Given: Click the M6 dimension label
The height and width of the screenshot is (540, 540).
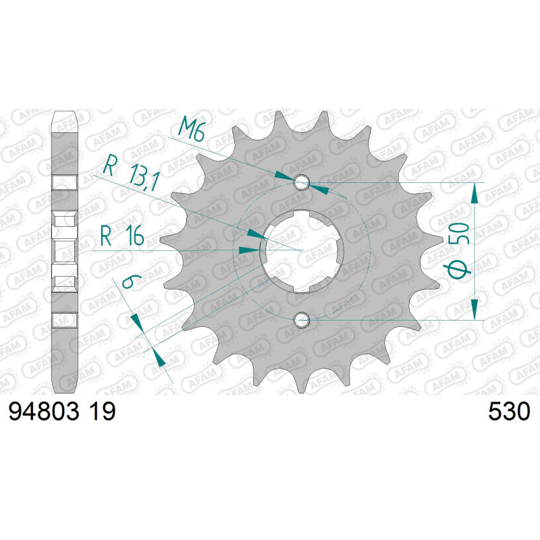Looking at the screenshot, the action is pos(192,129).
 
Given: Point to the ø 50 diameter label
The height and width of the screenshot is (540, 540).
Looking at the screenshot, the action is pos(460,250).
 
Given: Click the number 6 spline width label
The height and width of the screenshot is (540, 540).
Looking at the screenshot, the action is pos(129,281).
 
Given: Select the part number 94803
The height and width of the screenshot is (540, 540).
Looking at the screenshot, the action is pos(44,412).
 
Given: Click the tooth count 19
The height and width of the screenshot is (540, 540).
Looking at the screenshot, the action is pos(103,412).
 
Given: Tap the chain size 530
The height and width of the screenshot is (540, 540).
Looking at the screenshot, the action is pos(509,412).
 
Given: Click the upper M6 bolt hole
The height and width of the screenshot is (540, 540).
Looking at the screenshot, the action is pos(301,182).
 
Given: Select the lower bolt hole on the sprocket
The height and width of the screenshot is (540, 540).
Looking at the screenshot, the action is pos(301,320).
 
